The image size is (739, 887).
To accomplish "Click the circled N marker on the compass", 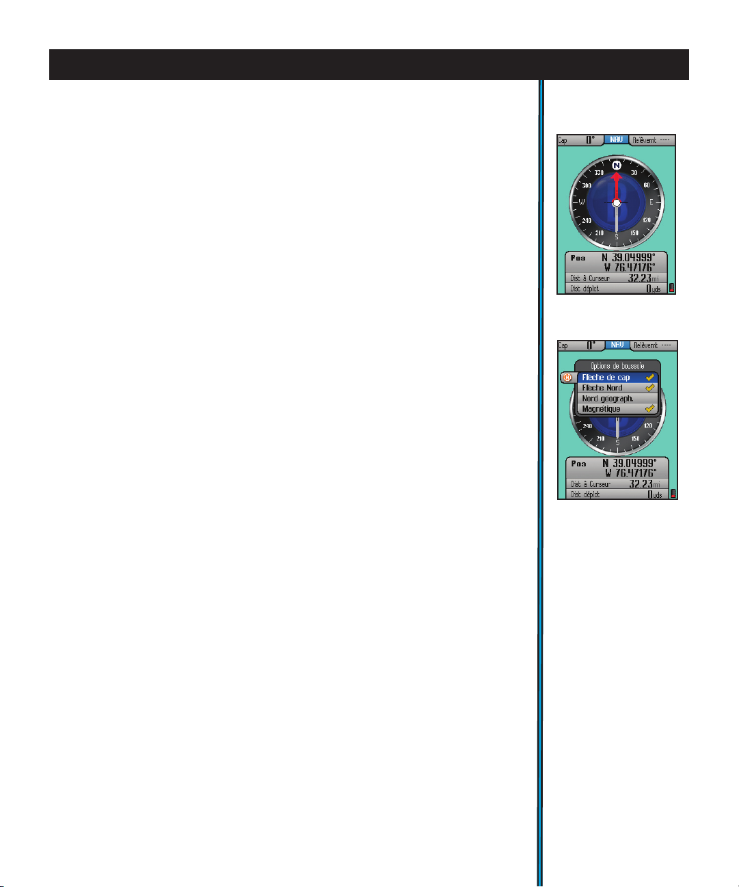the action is coord(617,166).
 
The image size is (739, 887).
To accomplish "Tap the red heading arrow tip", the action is coord(617,175).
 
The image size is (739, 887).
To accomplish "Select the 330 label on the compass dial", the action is coord(599,173).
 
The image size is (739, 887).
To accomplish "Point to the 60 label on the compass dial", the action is coord(646,185).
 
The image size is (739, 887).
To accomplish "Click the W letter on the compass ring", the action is coord(582,202).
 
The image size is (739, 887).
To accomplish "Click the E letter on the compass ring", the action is coord(651,202).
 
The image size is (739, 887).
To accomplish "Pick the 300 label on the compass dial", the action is coord(587,186).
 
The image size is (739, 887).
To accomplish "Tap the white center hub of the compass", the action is coord(617,203).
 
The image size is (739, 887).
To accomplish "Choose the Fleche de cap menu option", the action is coord(606,378).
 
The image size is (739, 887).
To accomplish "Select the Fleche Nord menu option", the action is coord(602,388).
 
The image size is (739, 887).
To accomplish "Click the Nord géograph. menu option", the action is coord(608,398).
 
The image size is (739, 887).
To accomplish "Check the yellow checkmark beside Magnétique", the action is coord(650,409).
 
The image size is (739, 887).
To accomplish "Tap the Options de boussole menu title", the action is coord(617,366).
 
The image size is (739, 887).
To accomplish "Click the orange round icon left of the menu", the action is coord(566,378).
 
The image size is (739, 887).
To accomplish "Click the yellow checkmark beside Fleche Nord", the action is coord(650,388).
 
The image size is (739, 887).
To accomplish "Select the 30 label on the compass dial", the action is coord(634,173).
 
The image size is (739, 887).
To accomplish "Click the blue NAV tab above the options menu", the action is coord(617,345).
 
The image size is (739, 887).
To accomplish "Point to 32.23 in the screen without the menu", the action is coord(639,278).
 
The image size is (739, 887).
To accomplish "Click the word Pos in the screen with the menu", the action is coord(578,463).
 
